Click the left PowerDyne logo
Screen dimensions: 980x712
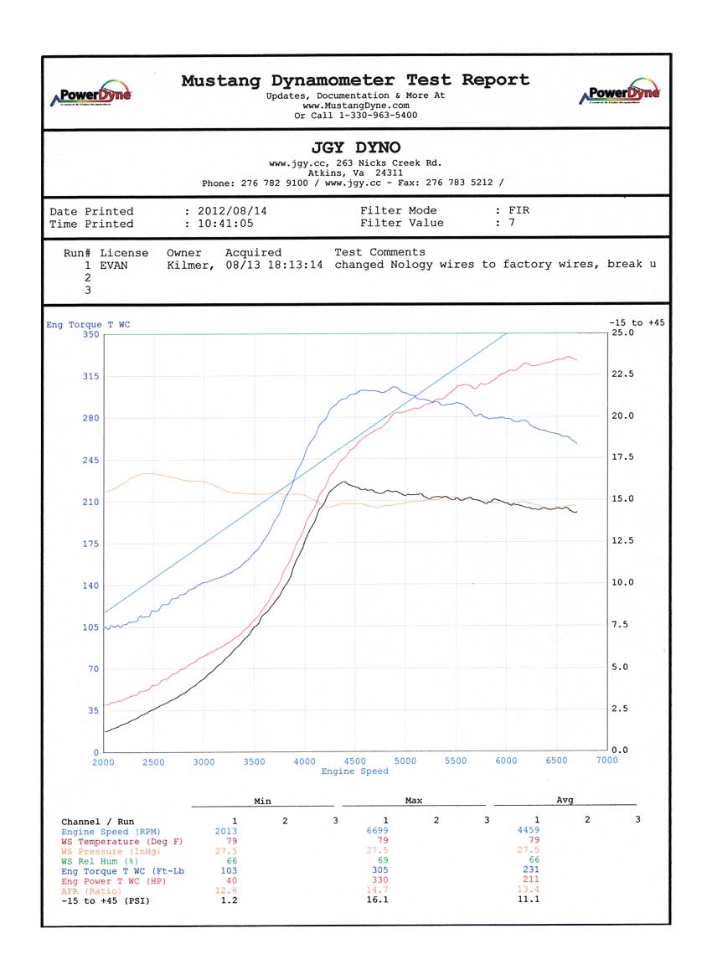92,93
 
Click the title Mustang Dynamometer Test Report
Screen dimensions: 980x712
355,80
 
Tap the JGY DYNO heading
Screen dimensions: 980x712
355,148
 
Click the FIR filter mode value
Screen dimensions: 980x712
519,211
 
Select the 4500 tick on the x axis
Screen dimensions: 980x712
355,761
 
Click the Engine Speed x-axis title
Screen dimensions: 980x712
355,771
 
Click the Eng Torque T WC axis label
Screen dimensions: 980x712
88,324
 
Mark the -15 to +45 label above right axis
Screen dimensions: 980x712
637,322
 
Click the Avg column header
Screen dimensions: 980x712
565,801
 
